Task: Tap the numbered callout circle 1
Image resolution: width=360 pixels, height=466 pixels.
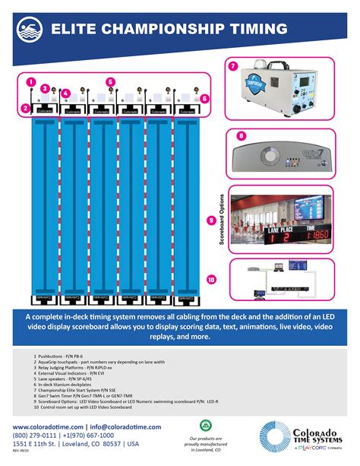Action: pos(30,81)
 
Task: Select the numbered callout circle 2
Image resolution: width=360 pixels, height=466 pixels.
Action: pos(26,108)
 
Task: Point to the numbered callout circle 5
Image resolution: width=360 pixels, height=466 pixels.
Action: pos(110,81)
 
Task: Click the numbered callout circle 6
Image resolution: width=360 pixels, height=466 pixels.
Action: pos(204,98)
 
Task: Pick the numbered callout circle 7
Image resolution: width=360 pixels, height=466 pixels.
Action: pos(232,66)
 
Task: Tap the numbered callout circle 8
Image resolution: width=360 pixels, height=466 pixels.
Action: pos(241,136)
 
